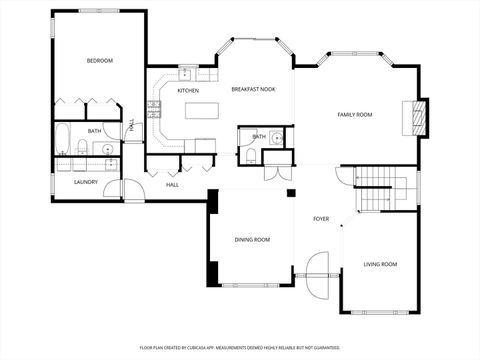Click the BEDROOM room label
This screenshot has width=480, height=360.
click(99, 61)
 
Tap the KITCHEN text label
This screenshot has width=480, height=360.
click(188, 91)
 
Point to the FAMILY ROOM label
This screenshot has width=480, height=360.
click(354, 115)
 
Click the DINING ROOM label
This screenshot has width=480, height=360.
click(252, 240)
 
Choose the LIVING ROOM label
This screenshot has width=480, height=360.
click(380, 264)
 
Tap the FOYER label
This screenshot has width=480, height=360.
click(321, 218)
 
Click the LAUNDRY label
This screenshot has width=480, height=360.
click(86, 182)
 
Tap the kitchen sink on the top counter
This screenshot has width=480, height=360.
click(186, 74)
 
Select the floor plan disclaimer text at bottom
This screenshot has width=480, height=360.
click(239, 346)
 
